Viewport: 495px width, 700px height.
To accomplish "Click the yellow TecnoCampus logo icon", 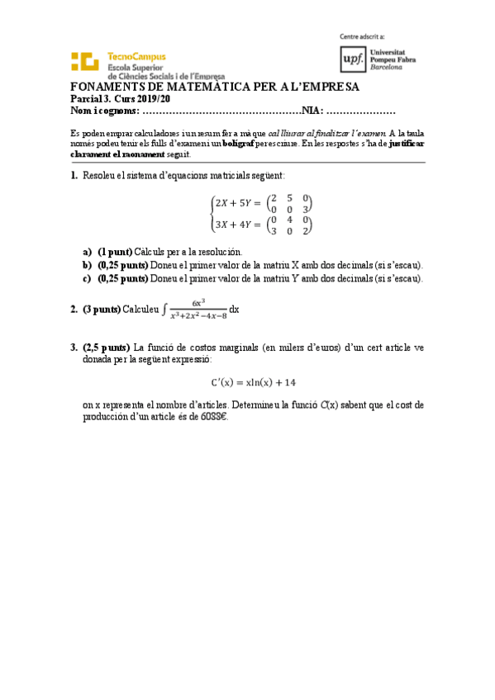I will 86,63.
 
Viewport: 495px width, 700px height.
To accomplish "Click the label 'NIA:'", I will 313,111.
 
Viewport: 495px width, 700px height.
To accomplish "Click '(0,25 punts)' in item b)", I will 122,265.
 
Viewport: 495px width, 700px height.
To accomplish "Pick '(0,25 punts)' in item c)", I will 122,278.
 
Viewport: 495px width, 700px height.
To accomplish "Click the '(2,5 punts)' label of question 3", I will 105,348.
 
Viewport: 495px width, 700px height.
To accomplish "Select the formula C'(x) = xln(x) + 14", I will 253,382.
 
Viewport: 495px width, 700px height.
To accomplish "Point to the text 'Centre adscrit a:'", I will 362,36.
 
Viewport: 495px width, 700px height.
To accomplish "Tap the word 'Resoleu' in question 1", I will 99,176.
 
